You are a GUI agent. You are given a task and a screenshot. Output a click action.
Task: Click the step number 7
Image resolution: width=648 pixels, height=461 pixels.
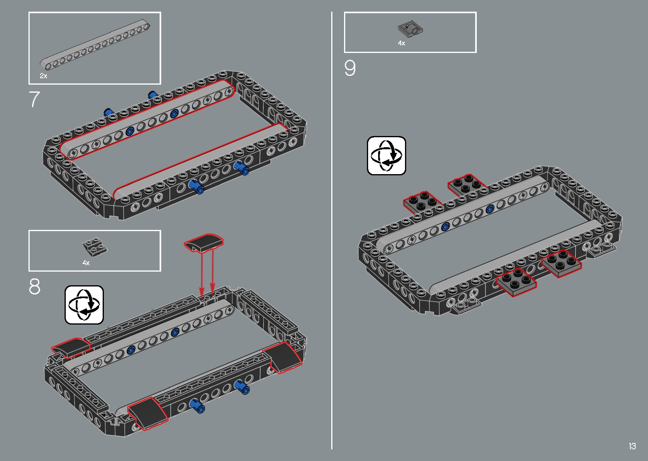tap(34, 99)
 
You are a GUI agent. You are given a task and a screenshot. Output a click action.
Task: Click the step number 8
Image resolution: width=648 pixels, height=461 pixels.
tap(34, 286)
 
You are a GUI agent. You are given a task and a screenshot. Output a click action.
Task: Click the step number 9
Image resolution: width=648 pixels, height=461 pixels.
tap(350, 68)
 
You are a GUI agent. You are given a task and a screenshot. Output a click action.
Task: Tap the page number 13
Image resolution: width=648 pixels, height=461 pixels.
tap(632, 446)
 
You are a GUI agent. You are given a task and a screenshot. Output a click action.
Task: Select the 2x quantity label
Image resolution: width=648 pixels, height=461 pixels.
tap(43, 76)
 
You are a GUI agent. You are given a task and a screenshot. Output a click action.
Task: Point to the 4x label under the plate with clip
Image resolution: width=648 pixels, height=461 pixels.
tap(401, 43)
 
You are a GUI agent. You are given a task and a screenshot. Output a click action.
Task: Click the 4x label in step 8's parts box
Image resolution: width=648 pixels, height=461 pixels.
tap(86, 263)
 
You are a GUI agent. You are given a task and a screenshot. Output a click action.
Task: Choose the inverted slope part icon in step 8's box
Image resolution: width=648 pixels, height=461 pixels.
tap(95, 247)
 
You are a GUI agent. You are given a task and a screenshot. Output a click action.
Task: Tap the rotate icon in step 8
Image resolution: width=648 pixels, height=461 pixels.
tap(84, 305)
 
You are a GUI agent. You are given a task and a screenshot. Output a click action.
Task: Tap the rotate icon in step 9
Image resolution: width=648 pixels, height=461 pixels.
tap(387, 156)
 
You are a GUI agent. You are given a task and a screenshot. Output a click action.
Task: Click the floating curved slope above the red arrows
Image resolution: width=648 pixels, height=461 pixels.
tap(204, 242)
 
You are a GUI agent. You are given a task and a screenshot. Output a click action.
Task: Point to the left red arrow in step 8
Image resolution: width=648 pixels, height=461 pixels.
tap(202, 275)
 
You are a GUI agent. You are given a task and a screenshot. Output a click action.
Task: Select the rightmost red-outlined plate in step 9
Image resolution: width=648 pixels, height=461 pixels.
tap(561, 264)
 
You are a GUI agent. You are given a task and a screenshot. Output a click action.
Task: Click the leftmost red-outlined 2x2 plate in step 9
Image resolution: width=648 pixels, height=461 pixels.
tap(422, 202)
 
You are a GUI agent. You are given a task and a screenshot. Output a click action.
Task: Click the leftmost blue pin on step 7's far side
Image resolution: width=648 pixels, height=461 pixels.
tap(108, 112)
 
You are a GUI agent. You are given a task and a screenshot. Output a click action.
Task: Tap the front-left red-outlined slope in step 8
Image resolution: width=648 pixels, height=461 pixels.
tap(148, 414)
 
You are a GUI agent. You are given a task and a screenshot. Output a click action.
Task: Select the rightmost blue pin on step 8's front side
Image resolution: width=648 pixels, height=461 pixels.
tap(242, 387)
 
